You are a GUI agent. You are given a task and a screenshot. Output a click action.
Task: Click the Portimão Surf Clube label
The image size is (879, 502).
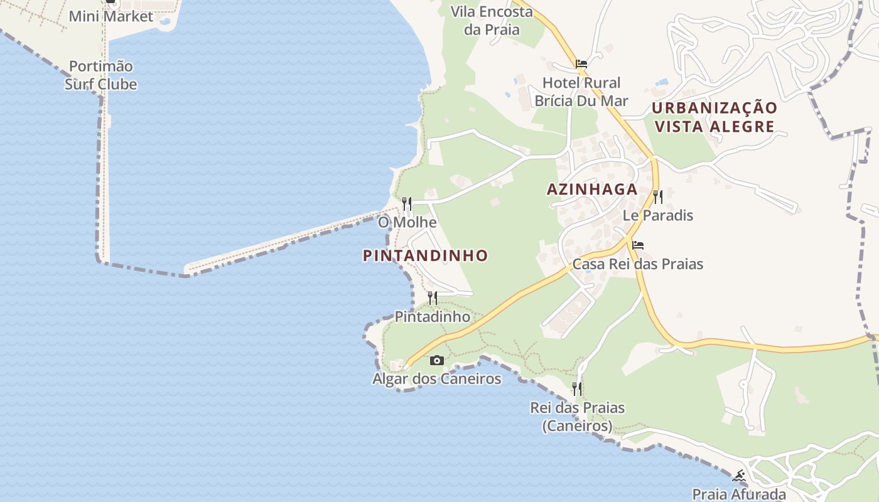click(101, 75)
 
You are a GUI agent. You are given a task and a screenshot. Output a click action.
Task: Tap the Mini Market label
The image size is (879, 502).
click(111, 16)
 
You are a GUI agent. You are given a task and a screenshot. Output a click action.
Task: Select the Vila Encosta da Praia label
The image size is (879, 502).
click(492, 20)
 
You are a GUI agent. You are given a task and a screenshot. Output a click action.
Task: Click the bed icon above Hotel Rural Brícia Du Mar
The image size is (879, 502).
click(581, 63)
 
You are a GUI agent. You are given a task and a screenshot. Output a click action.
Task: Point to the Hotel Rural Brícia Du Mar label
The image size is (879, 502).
click(581, 92)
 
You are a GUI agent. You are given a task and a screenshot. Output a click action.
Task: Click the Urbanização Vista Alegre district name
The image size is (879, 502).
click(715, 117)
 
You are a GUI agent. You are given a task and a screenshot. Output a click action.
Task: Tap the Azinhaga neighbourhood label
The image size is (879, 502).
click(592, 190)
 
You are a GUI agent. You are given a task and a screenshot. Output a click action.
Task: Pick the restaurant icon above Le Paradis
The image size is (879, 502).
click(657, 197)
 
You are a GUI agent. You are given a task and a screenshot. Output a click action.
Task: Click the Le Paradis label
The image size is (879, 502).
click(657, 215)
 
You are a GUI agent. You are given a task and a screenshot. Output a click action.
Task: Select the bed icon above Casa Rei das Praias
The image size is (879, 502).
click(638, 245)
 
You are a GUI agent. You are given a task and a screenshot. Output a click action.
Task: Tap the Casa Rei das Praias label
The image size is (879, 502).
click(638, 264)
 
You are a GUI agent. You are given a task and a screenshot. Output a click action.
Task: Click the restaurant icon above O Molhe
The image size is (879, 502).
click(407, 203)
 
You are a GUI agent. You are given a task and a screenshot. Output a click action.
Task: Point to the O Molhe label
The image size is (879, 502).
click(407, 222)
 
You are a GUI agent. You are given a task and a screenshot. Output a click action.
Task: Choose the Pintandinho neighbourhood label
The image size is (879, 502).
click(425, 255)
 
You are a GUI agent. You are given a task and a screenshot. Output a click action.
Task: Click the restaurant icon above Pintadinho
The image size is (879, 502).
click(432, 297)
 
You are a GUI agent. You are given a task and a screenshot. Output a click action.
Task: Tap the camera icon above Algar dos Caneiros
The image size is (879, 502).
click(436, 360)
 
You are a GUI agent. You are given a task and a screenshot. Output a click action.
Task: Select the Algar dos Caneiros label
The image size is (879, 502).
click(436, 379)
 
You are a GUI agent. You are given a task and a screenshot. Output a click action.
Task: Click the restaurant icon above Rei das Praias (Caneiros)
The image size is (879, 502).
click(576, 389)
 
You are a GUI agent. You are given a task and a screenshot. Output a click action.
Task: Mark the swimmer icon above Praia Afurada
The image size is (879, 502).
click(740, 476)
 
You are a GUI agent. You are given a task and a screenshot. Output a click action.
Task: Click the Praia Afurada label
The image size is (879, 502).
click(739, 494)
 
